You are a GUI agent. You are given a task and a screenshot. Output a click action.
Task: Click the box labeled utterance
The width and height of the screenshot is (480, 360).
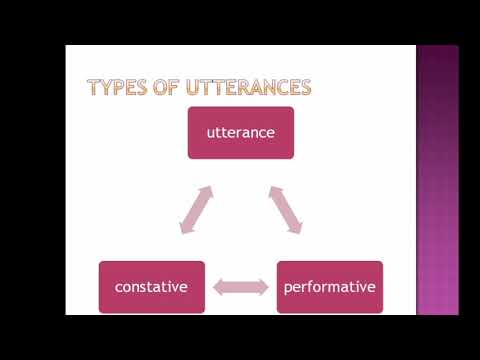pyautogui.click(x=241, y=132)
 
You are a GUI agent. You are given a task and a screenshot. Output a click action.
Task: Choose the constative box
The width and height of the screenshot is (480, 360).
pyautogui.click(x=152, y=287)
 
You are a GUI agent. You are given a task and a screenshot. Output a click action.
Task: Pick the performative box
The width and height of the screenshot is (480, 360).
pyautogui.click(x=329, y=287)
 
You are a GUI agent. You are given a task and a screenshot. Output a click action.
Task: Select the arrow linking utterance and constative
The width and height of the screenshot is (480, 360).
pyautogui.click(x=196, y=209)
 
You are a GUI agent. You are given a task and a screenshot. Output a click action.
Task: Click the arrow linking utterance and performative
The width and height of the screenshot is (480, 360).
pyautogui.click(x=285, y=209)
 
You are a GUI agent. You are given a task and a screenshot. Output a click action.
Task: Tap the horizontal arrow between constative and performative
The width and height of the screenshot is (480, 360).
pyautogui.click(x=241, y=288)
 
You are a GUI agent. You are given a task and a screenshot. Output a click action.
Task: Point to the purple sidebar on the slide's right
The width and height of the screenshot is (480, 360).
pyautogui.click(x=437, y=180)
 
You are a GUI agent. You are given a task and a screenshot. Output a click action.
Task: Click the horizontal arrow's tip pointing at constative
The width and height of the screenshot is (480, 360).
pyautogui.click(x=217, y=288)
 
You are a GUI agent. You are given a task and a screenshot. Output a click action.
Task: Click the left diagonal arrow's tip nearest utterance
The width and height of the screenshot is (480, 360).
pyautogui.click(x=209, y=187)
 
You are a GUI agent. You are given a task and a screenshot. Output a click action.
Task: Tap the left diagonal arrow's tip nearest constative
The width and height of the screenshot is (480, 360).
pyautogui.click(x=183, y=231)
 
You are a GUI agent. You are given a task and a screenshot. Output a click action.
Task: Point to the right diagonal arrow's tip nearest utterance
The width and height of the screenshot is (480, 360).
pyautogui.click(x=272, y=187)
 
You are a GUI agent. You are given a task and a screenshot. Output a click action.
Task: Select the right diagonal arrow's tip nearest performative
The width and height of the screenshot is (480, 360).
pyautogui.click(x=298, y=231)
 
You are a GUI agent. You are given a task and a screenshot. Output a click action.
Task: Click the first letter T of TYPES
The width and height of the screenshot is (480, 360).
pyautogui.click(x=94, y=87)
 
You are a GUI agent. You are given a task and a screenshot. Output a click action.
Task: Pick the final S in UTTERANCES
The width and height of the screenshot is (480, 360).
pyautogui.click(x=305, y=87)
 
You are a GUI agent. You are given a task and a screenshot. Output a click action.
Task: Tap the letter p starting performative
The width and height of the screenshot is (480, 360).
pyautogui.click(x=288, y=289)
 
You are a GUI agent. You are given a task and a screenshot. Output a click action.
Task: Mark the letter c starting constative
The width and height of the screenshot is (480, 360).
pyautogui.click(x=119, y=288)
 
